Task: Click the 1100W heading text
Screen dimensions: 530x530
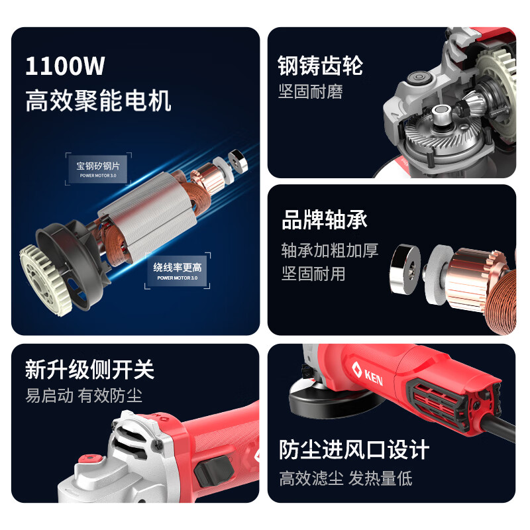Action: [x=65, y=67]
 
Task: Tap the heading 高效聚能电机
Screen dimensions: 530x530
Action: [x=98, y=101]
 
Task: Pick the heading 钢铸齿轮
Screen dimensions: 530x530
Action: [x=321, y=66]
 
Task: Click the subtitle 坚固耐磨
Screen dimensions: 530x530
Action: [x=310, y=91]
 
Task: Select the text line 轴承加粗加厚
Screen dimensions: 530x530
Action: [x=329, y=250]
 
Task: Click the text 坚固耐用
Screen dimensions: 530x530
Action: [x=313, y=273]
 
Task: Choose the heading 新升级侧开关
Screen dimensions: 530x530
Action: [x=89, y=369]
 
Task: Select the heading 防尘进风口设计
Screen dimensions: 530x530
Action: [x=354, y=450]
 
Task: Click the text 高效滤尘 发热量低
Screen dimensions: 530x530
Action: [x=345, y=478]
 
